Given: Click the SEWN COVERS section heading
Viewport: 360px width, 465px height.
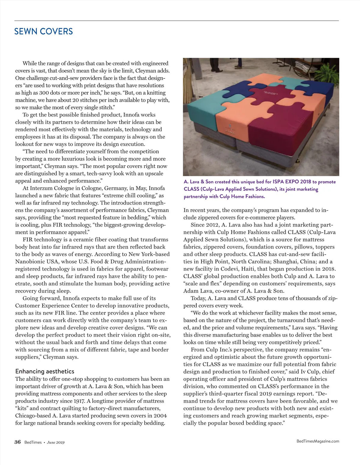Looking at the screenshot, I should (x=43, y=31).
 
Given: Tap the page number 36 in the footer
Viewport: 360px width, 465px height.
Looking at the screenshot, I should (x=18, y=442).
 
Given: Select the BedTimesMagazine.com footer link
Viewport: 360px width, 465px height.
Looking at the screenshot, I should (x=317, y=441).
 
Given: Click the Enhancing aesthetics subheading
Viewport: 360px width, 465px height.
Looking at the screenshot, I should (x=45, y=371).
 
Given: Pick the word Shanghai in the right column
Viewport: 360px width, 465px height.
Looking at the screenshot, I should (x=285, y=261).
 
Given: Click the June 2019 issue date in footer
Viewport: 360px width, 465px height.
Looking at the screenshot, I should (x=55, y=442).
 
